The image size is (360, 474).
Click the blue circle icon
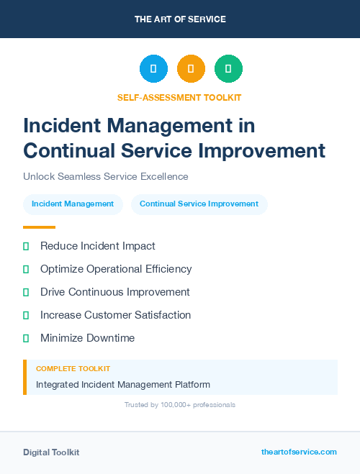pyautogui.click(x=153, y=69)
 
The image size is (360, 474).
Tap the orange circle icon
pyautogui.click(x=191, y=69)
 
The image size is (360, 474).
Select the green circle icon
pyautogui.click(x=228, y=69)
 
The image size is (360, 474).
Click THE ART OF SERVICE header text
pyautogui.click(x=180, y=19)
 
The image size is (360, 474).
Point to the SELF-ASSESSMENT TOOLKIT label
pyautogui.click(x=179, y=97)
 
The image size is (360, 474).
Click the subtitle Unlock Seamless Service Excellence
pyautogui.click(x=105, y=176)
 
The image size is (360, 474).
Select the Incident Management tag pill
pyautogui.click(x=73, y=204)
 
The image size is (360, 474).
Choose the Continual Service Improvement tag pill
pyautogui.click(x=199, y=204)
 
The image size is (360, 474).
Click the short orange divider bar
pyautogui.click(x=39, y=227)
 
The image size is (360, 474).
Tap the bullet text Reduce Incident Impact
pyautogui.click(x=97, y=246)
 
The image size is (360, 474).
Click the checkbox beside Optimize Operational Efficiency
pyautogui.click(x=26, y=269)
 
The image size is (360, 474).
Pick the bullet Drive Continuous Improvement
pyautogui.click(x=115, y=292)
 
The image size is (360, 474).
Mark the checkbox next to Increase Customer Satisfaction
pyautogui.click(x=26, y=315)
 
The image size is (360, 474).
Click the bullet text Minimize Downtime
pyautogui.click(x=87, y=338)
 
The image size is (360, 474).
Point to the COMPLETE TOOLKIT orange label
pyautogui.click(x=73, y=368)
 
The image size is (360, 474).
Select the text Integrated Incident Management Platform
pyautogui.click(x=123, y=385)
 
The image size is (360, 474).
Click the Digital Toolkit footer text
pyautogui.click(x=51, y=452)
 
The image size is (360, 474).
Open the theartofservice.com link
pyautogui.click(x=299, y=452)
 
